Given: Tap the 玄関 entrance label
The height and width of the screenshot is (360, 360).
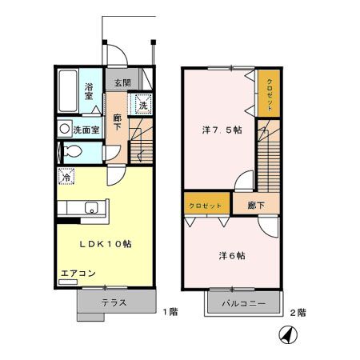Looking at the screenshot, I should click(122, 82).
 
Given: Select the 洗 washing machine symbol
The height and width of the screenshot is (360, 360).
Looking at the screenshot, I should click(142, 106).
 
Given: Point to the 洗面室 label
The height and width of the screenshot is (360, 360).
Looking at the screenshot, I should click(84, 129).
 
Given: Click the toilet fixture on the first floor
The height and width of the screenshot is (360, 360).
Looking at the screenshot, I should click(70, 151).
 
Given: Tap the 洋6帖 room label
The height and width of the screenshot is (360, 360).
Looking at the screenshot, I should click(232, 256).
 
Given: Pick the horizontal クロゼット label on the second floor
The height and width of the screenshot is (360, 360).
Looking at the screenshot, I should click(206, 206).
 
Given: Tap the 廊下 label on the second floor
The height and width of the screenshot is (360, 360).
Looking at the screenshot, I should click(256, 206).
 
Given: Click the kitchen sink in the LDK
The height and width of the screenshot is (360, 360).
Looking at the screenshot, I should click(88, 206).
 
